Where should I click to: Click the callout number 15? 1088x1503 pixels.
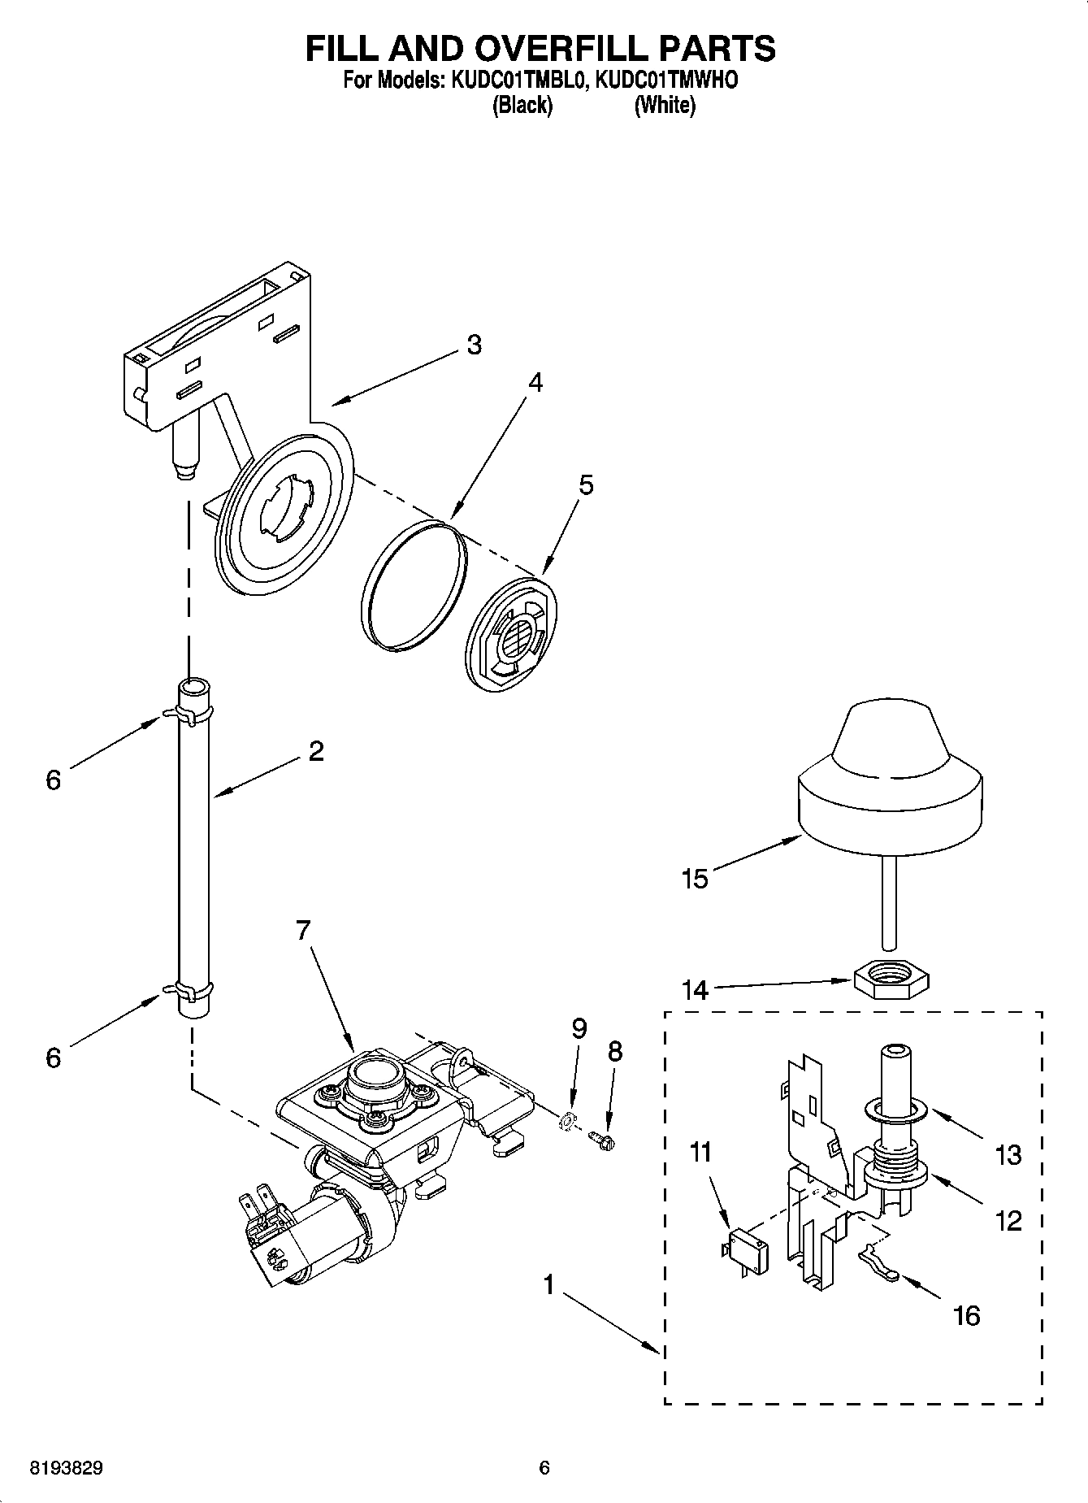pos(696,879)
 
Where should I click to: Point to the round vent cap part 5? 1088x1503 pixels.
pos(513,633)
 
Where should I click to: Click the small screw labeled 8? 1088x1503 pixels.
pos(604,1140)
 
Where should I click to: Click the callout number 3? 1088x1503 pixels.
pos(474,345)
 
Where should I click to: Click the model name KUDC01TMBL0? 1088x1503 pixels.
pos(514,81)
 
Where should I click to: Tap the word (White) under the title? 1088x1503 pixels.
pos(665,106)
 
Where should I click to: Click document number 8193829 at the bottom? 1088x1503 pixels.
pos(67,1468)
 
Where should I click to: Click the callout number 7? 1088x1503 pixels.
pos(303,930)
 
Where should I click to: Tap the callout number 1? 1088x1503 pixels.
pos(549,1285)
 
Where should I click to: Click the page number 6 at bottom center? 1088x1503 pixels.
pos(544,1468)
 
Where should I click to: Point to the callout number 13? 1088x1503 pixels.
pos(1008,1154)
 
